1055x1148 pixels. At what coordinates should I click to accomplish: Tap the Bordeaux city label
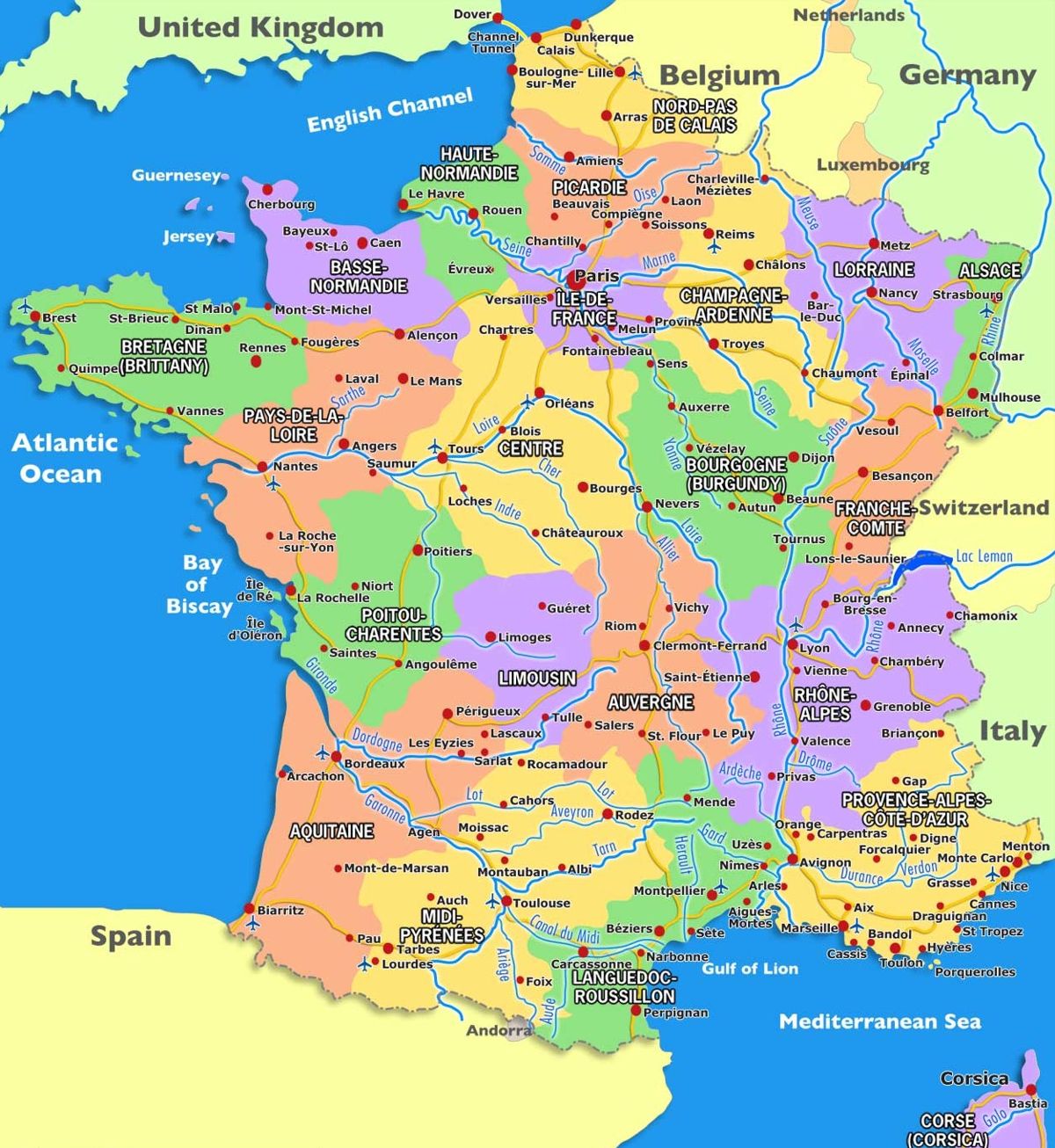click(375, 764)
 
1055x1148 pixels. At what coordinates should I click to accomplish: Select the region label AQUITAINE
click(331, 831)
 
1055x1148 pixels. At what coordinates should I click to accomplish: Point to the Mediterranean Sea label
click(879, 1021)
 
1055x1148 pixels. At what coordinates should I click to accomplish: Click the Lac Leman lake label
click(984, 556)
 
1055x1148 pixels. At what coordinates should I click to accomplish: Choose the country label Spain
click(130, 936)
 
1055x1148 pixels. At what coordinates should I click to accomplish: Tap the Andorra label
click(498, 1030)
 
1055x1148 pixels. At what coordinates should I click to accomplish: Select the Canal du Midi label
click(564, 930)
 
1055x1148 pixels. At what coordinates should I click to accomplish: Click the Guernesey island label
click(175, 175)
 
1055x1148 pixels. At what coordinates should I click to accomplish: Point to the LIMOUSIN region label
click(537, 678)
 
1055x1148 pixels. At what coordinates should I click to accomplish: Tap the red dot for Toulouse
click(507, 902)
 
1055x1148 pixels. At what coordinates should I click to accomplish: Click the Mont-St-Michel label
click(323, 309)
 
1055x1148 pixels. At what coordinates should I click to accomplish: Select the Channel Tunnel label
click(493, 42)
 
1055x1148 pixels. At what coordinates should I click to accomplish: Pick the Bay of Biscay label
click(200, 585)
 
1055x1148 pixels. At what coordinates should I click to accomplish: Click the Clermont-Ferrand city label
click(709, 645)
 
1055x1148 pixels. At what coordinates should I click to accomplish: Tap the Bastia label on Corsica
click(1028, 1103)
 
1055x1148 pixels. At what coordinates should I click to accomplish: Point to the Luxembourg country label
click(872, 164)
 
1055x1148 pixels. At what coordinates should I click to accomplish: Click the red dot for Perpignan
click(636, 1011)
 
